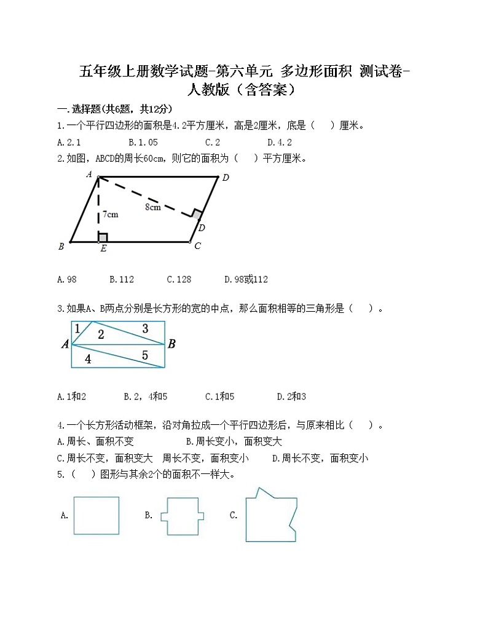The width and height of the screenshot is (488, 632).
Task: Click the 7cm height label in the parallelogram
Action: tap(111, 215)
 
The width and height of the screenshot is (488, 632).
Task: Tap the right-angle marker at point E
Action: tap(103, 237)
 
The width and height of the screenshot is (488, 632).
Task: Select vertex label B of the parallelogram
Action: tap(61, 247)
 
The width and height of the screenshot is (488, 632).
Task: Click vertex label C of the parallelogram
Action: tap(197, 247)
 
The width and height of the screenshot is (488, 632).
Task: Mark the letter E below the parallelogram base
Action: tap(102, 249)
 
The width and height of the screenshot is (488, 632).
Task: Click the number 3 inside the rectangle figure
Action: tap(145, 329)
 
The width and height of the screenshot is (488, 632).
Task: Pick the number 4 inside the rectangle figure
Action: tap(89, 359)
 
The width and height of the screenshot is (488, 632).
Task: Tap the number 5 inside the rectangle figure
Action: tap(145, 355)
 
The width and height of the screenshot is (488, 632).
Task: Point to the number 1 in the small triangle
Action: tap(77, 329)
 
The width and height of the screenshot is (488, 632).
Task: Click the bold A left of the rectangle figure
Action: tap(65, 344)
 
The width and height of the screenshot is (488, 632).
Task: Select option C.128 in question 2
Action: tap(179, 279)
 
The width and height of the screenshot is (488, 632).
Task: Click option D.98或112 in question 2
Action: tap(246, 279)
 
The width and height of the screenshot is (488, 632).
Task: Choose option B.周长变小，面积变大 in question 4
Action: tap(234, 441)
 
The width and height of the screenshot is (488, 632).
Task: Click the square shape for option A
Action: tap(96, 515)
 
